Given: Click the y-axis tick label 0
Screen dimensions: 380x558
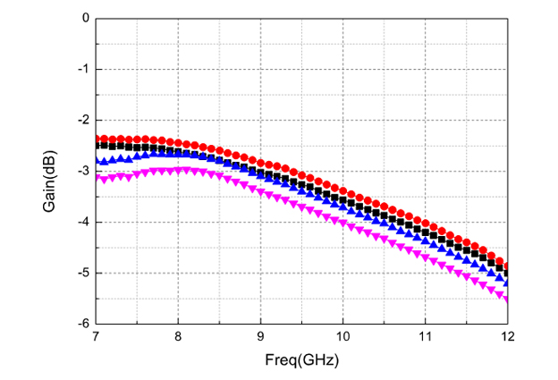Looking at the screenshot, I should tap(85, 18).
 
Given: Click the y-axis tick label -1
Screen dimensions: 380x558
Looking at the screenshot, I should tap(82, 69).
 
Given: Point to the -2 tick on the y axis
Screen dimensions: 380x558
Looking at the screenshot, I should tap(82, 120).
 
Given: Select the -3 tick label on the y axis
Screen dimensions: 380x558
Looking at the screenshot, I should tap(82, 171).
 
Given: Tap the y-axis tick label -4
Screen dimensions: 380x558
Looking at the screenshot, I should tap(82, 222).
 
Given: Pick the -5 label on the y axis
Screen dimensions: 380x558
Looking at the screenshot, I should tap(82, 273).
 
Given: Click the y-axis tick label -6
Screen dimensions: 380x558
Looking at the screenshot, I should tap(82, 324).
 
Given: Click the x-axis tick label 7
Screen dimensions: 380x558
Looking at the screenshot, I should tap(96, 337).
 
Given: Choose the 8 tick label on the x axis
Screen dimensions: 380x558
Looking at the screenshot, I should tap(178, 337).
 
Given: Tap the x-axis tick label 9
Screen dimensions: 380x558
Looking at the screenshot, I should tap(260, 337).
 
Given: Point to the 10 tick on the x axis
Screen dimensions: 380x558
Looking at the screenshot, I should tap(342, 337).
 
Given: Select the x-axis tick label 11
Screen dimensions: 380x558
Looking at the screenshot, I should tap(425, 337).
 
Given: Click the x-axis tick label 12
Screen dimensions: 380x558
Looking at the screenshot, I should tap(507, 337).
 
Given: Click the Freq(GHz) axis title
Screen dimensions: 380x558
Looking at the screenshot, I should tap(301, 359).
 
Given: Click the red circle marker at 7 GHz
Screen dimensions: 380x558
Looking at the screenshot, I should tap(97, 138).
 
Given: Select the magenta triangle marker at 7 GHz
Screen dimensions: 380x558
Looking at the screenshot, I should tap(97, 179).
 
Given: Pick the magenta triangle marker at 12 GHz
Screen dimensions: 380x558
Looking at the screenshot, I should tap(507, 300).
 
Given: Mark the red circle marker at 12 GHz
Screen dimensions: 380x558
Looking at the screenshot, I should tap(507, 266).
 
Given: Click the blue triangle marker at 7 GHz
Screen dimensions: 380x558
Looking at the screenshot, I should tap(97, 162).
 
